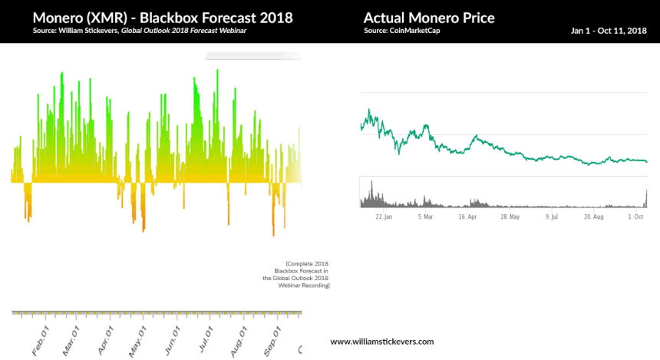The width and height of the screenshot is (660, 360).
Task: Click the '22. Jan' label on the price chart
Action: pos(384,217)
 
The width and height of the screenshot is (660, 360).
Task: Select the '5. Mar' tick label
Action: pos(425,217)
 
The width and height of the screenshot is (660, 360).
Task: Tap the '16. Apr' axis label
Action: pos(467,217)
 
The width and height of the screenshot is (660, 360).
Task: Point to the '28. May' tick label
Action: pos(510,217)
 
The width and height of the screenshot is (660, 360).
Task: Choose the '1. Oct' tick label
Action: pos(636,217)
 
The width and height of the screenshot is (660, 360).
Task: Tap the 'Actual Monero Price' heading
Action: pos(429,18)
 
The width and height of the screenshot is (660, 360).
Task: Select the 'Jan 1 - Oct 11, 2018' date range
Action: pos(609,31)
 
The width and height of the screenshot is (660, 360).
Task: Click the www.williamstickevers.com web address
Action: pos(382,341)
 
